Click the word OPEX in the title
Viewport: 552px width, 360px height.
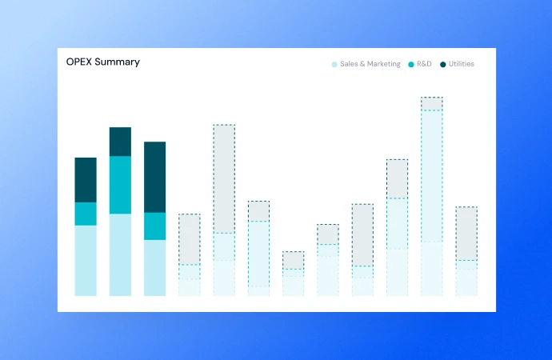point(79,62)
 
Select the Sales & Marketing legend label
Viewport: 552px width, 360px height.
point(370,64)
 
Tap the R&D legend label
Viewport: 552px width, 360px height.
point(424,64)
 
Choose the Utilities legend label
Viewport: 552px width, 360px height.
point(461,64)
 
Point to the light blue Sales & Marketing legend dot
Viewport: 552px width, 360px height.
point(334,64)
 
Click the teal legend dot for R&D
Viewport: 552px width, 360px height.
point(411,64)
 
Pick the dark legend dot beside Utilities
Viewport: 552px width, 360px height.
point(442,64)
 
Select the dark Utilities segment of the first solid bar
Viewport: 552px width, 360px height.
point(86,180)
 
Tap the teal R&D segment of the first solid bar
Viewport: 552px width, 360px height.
point(86,214)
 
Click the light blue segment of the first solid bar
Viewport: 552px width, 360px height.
point(86,260)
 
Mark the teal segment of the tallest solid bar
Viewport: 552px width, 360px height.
point(120,185)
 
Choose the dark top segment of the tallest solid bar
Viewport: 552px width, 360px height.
point(120,142)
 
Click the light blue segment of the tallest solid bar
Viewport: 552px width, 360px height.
point(120,254)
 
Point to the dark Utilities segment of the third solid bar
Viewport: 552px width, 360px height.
point(154,177)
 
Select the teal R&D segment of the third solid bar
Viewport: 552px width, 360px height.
point(154,226)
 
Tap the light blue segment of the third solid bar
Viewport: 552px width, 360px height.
point(154,268)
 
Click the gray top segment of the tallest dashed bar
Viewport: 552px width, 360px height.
point(432,104)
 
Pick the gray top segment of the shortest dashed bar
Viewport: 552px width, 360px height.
point(293,260)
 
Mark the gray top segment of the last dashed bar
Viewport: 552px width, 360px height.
point(466,233)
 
